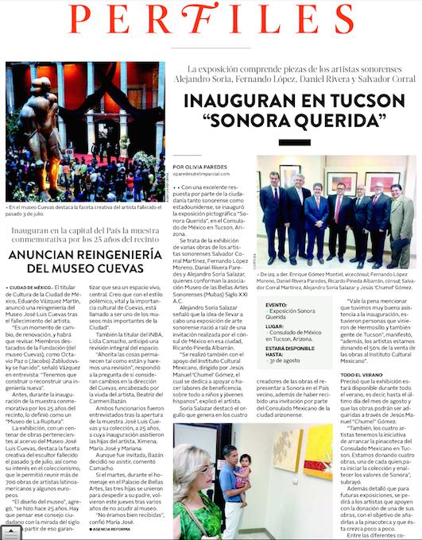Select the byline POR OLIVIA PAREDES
point(198,167)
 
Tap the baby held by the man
point(241,465)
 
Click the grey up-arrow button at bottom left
point(12,531)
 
